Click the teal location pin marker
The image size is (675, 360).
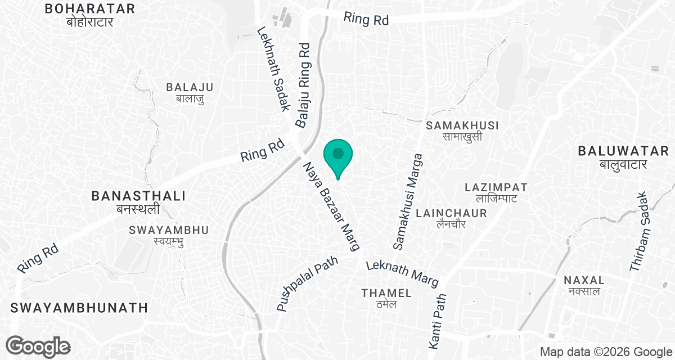pos(337,156)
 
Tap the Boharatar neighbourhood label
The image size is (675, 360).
pos(90,15)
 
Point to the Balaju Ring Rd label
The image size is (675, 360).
pos(304,85)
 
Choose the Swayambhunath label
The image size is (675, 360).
pos(79,308)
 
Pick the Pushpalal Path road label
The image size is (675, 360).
pos(307,284)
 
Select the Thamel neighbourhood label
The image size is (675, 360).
pos(386,298)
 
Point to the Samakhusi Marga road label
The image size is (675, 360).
pos(407,202)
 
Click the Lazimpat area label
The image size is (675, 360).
pos(496,192)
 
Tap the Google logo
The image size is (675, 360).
pos(38,345)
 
